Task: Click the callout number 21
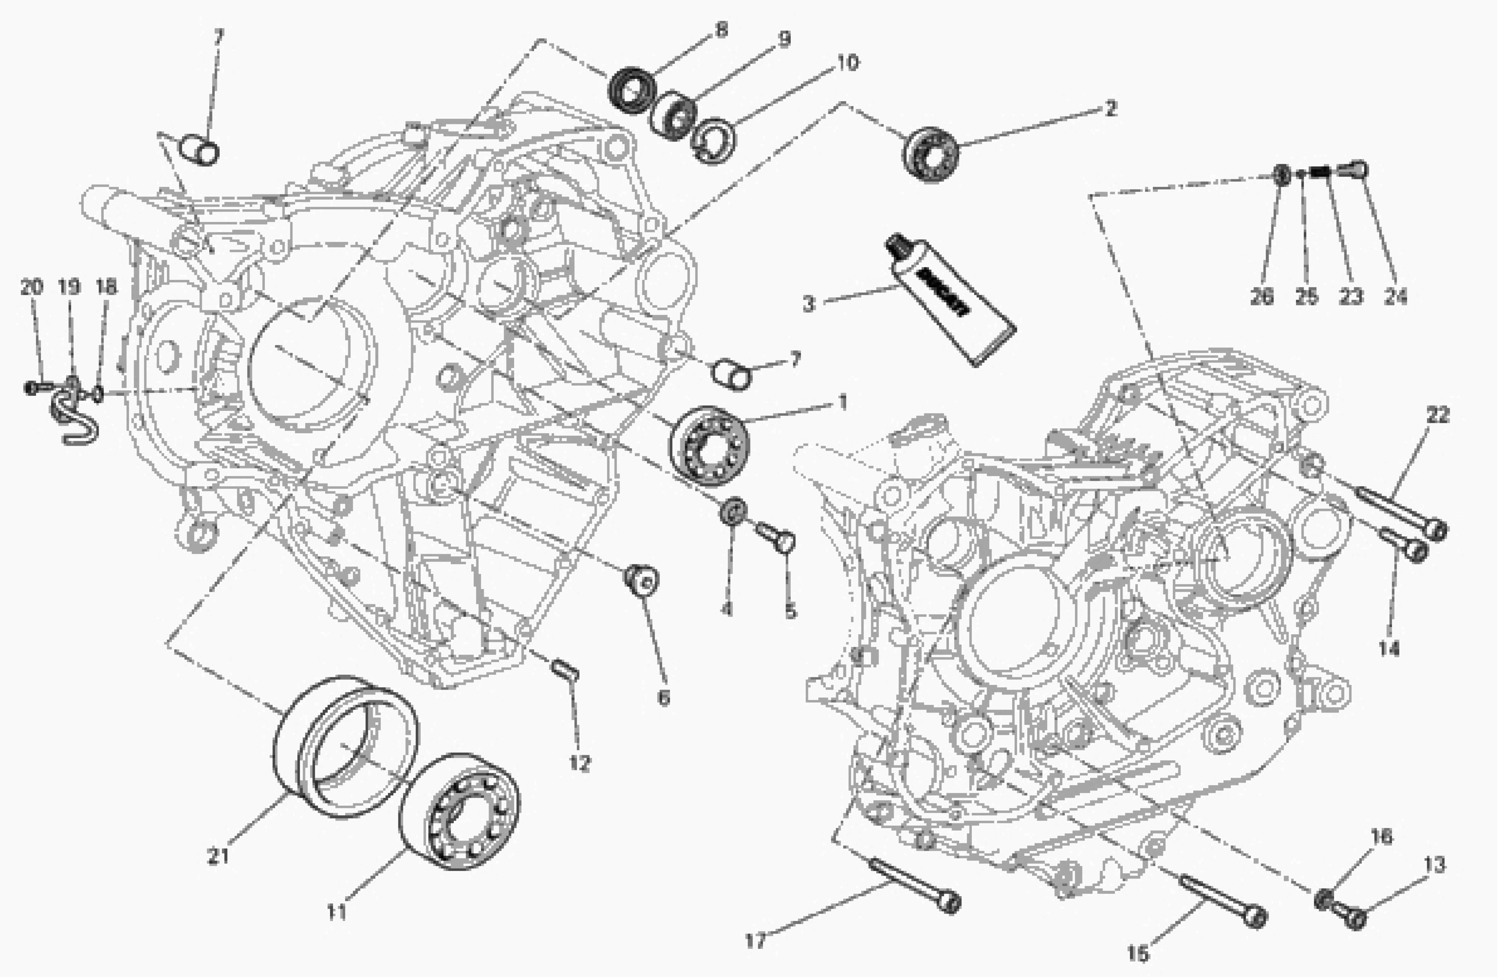point(218,856)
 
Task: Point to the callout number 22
point(1438,415)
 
